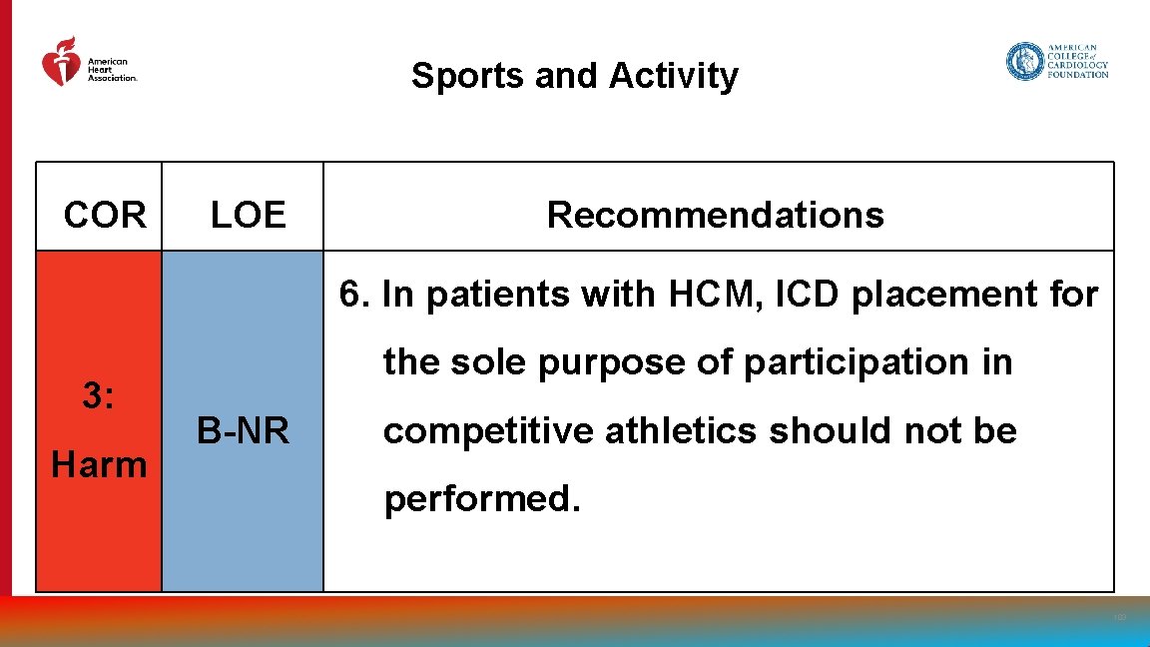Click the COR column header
105,215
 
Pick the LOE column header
248,215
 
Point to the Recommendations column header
715,215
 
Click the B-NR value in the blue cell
243,431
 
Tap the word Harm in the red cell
99,464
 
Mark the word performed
481,498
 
